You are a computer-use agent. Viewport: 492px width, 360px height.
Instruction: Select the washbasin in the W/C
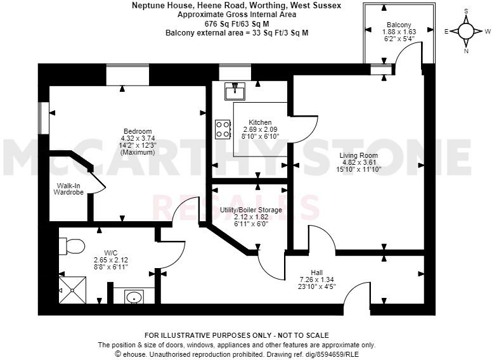pos(133,297)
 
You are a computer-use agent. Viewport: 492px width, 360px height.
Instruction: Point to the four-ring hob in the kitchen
pos(223,130)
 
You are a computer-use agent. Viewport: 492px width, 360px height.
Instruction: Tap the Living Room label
pos(358,155)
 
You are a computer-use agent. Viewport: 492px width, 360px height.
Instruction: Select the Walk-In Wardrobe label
pos(69,188)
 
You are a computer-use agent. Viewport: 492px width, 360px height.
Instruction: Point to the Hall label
pos(316,273)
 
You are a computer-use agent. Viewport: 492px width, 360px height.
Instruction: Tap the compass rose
pos(466,30)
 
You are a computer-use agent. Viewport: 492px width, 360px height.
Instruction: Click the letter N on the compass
pos(466,51)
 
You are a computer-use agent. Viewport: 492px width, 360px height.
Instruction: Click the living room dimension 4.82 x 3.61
pos(358,162)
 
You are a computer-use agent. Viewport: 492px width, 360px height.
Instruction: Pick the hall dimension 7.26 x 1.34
pos(316,280)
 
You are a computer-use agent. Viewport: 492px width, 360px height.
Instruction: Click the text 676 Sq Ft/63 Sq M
pos(236,23)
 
